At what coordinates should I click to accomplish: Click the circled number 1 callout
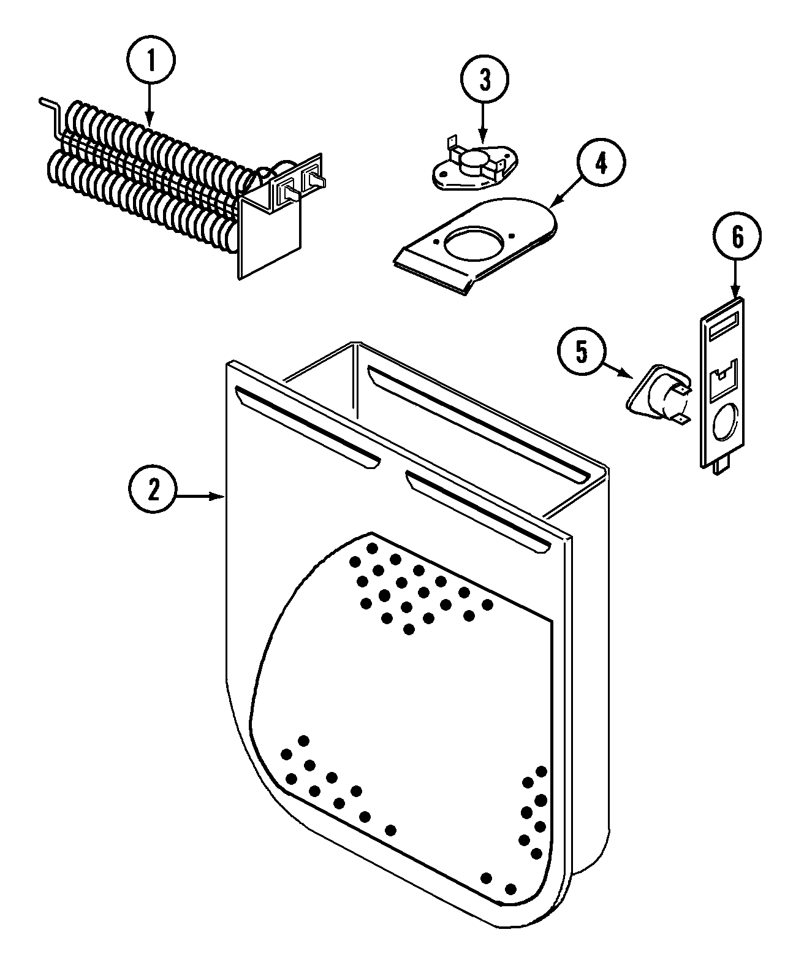[x=151, y=63]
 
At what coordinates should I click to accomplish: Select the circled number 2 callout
[x=153, y=490]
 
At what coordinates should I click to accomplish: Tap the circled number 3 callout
[x=485, y=80]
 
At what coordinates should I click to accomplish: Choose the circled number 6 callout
[x=737, y=237]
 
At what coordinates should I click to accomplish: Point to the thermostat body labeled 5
[x=665, y=397]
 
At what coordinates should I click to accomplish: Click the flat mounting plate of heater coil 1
[x=270, y=236]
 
